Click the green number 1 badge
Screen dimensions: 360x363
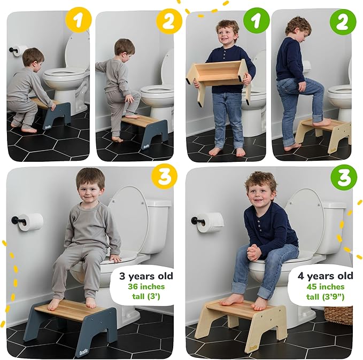(x=253, y=22)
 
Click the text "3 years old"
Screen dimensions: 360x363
(x=146, y=277)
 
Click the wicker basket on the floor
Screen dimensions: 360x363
(x=340, y=315)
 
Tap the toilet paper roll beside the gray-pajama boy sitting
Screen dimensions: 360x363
(x=32, y=222)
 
